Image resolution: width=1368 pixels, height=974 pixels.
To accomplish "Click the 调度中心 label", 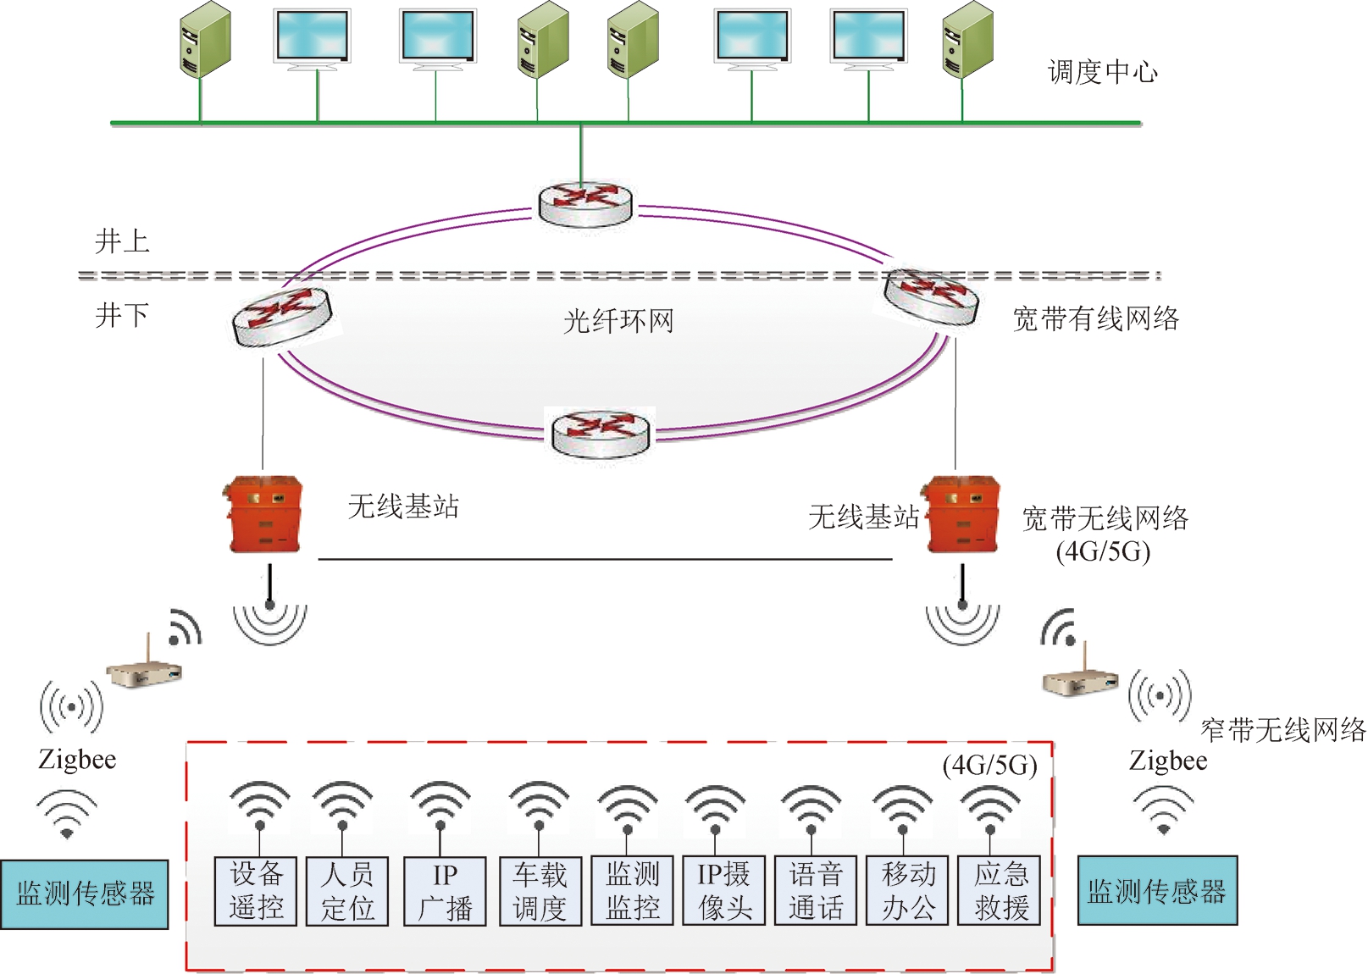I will pyautogui.click(x=1102, y=72).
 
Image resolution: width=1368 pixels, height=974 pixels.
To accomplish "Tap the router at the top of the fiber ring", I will pyautogui.click(x=585, y=203).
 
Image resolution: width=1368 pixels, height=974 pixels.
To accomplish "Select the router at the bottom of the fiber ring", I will pyautogui.click(x=600, y=432).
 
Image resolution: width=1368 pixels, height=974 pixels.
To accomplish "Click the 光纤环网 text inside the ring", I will pyautogui.click(x=618, y=321).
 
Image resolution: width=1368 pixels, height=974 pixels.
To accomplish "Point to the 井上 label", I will pyautogui.click(x=122, y=241).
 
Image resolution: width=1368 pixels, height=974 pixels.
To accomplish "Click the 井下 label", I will pyautogui.click(x=122, y=315).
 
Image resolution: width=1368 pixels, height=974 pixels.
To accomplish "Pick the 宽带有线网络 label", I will pyautogui.click(x=1096, y=318).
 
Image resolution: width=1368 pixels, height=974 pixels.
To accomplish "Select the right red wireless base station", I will pyautogui.click(x=963, y=514).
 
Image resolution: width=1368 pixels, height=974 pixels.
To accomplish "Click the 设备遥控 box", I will pyautogui.click(x=256, y=891).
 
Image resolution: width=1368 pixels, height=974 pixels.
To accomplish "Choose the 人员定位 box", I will pyautogui.click(x=347, y=891).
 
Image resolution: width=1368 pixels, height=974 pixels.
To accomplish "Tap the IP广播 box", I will pyautogui.click(x=445, y=891).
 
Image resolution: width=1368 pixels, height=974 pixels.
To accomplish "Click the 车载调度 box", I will pyautogui.click(x=540, y=891).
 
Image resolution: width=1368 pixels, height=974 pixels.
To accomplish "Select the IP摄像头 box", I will pyautogui.click(x=724, y=891).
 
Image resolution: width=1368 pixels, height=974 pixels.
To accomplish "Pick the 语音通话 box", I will pyautogui.click(x=816, y=891).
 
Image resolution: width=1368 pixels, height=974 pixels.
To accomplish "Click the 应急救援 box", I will pyautogui.click(x=1000, y=891).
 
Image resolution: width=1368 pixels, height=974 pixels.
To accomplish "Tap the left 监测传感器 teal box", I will pyautogui.click(x=85, y=894).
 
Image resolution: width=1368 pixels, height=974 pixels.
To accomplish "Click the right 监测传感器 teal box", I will pyautogui.click(x=1157, y=891).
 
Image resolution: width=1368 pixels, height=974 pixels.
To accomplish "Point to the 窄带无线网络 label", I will pyautogui.click(x=1283, y=729).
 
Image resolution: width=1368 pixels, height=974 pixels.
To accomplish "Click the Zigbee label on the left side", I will pyautogui.click(x=77, y=760).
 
